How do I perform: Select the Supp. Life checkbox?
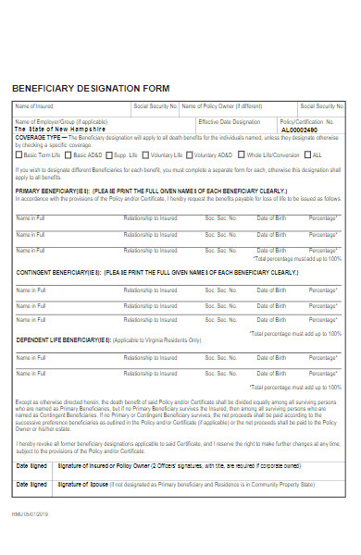[110, 154]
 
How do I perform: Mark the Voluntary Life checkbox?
[146, 154]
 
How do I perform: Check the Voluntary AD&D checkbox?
[192, 154]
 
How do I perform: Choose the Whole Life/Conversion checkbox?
[243, 154]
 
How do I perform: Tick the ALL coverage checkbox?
[309, 154]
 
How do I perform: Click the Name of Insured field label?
[34, 106]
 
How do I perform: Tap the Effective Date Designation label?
[229, 122]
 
